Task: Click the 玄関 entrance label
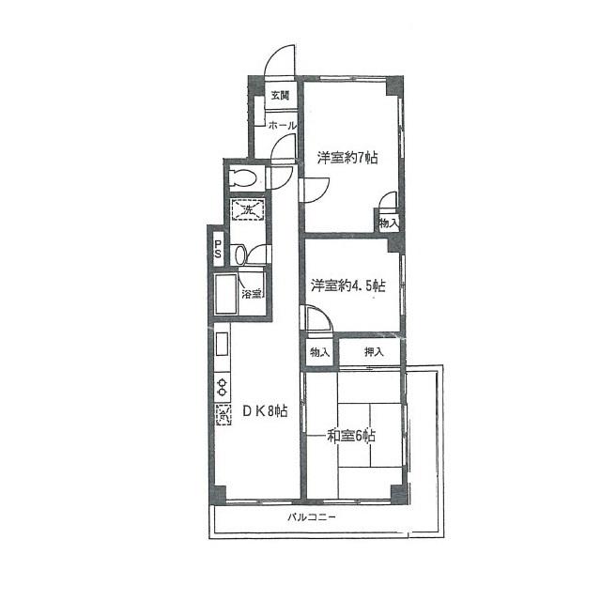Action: pos(280,95)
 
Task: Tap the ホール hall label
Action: pos(283,125)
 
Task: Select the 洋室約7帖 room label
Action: pos(347,158)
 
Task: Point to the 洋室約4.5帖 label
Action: pos(348,285)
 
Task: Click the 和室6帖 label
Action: pos(350,436)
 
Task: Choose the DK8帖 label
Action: pos(265,411)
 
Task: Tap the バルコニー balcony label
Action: pos(312,517)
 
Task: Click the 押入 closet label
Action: pos(374,351)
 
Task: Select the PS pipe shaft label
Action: pos(218,249)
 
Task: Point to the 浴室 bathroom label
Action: pos(252,294)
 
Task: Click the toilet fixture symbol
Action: pos(242,177)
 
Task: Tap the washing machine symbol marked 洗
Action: pos(248,209)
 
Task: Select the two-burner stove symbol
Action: pos(223,387)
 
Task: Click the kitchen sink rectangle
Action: pos(223,344)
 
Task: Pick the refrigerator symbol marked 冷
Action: pos(223,415)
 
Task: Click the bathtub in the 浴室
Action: pos(226,294)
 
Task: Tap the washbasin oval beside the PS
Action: pos(240,254)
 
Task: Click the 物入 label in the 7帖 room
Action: pos(389,223)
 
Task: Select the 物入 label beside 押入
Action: pos(319,352)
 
